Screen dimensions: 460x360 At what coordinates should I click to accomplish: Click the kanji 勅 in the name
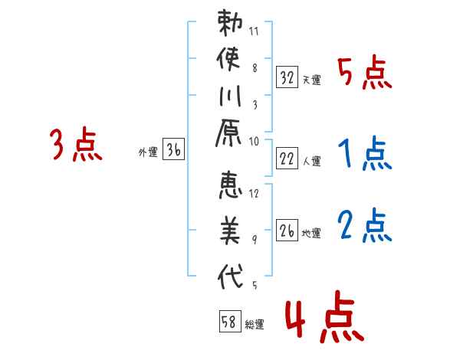pos(230,23)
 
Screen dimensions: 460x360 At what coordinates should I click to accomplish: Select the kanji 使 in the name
pos(228,59)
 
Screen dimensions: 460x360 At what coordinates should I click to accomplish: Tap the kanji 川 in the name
pos(230,96)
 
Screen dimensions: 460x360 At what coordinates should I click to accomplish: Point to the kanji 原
pos(228,133)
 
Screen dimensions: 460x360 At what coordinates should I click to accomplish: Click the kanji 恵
pos(230,185)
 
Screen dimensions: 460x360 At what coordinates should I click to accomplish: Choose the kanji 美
pos(230,230)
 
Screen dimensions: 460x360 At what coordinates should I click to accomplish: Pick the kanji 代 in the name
pos(230,276)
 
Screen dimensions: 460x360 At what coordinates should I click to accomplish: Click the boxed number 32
pos(287,77)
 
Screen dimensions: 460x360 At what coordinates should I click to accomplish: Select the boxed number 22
pos(287,159)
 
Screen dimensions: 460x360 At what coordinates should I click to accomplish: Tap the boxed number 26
pos(287,230)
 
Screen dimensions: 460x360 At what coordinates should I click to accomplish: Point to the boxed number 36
pos(173,149)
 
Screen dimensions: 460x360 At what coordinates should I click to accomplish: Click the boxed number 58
pos(230,321)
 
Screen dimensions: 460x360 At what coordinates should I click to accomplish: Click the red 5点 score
pos(365,72)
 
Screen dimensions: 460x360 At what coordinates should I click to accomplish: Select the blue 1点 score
pos(365,153)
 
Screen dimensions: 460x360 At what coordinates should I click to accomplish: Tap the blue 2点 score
pos(365,225)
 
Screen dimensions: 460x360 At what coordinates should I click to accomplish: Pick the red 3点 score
pos(76,145)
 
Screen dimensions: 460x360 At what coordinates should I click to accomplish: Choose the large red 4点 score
pos(324,317)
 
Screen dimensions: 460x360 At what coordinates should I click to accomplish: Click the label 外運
pos(148,152)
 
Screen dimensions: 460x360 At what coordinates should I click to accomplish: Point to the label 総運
pos(255,324)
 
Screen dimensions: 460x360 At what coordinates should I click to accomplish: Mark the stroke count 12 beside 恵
pos(254,194)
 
